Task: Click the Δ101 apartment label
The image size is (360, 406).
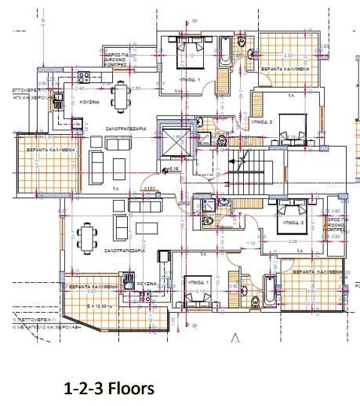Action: pos(147,188)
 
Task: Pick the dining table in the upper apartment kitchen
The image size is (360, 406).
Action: pos(120,96)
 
